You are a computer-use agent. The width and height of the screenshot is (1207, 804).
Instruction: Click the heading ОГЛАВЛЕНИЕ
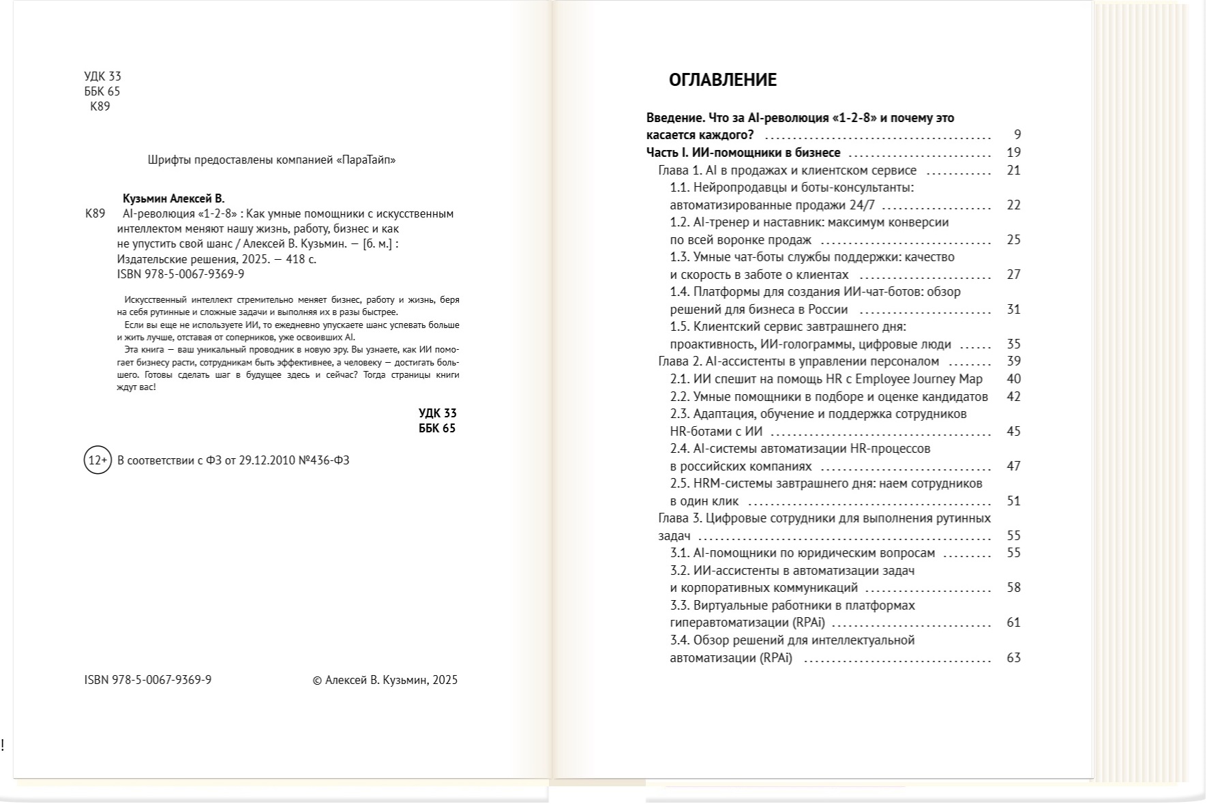722,80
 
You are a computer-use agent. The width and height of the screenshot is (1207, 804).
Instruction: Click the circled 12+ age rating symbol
97,460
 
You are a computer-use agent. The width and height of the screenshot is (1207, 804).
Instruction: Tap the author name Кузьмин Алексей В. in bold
173,198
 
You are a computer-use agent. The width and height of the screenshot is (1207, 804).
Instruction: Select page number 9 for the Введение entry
1017,135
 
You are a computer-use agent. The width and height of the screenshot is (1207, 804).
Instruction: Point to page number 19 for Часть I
1013,153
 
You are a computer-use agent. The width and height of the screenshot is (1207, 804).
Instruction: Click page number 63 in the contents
1013,658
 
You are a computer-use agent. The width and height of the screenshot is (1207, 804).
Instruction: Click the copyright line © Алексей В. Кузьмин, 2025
385,680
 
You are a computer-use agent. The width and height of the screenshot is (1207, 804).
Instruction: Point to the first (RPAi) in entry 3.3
809,623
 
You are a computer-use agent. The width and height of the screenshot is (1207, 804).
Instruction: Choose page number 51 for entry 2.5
1013,501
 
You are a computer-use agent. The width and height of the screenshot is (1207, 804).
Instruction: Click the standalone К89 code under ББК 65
100,106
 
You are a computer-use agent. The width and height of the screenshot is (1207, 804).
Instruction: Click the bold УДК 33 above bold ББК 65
437,413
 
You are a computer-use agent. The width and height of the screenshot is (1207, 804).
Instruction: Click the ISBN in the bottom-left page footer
148,680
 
